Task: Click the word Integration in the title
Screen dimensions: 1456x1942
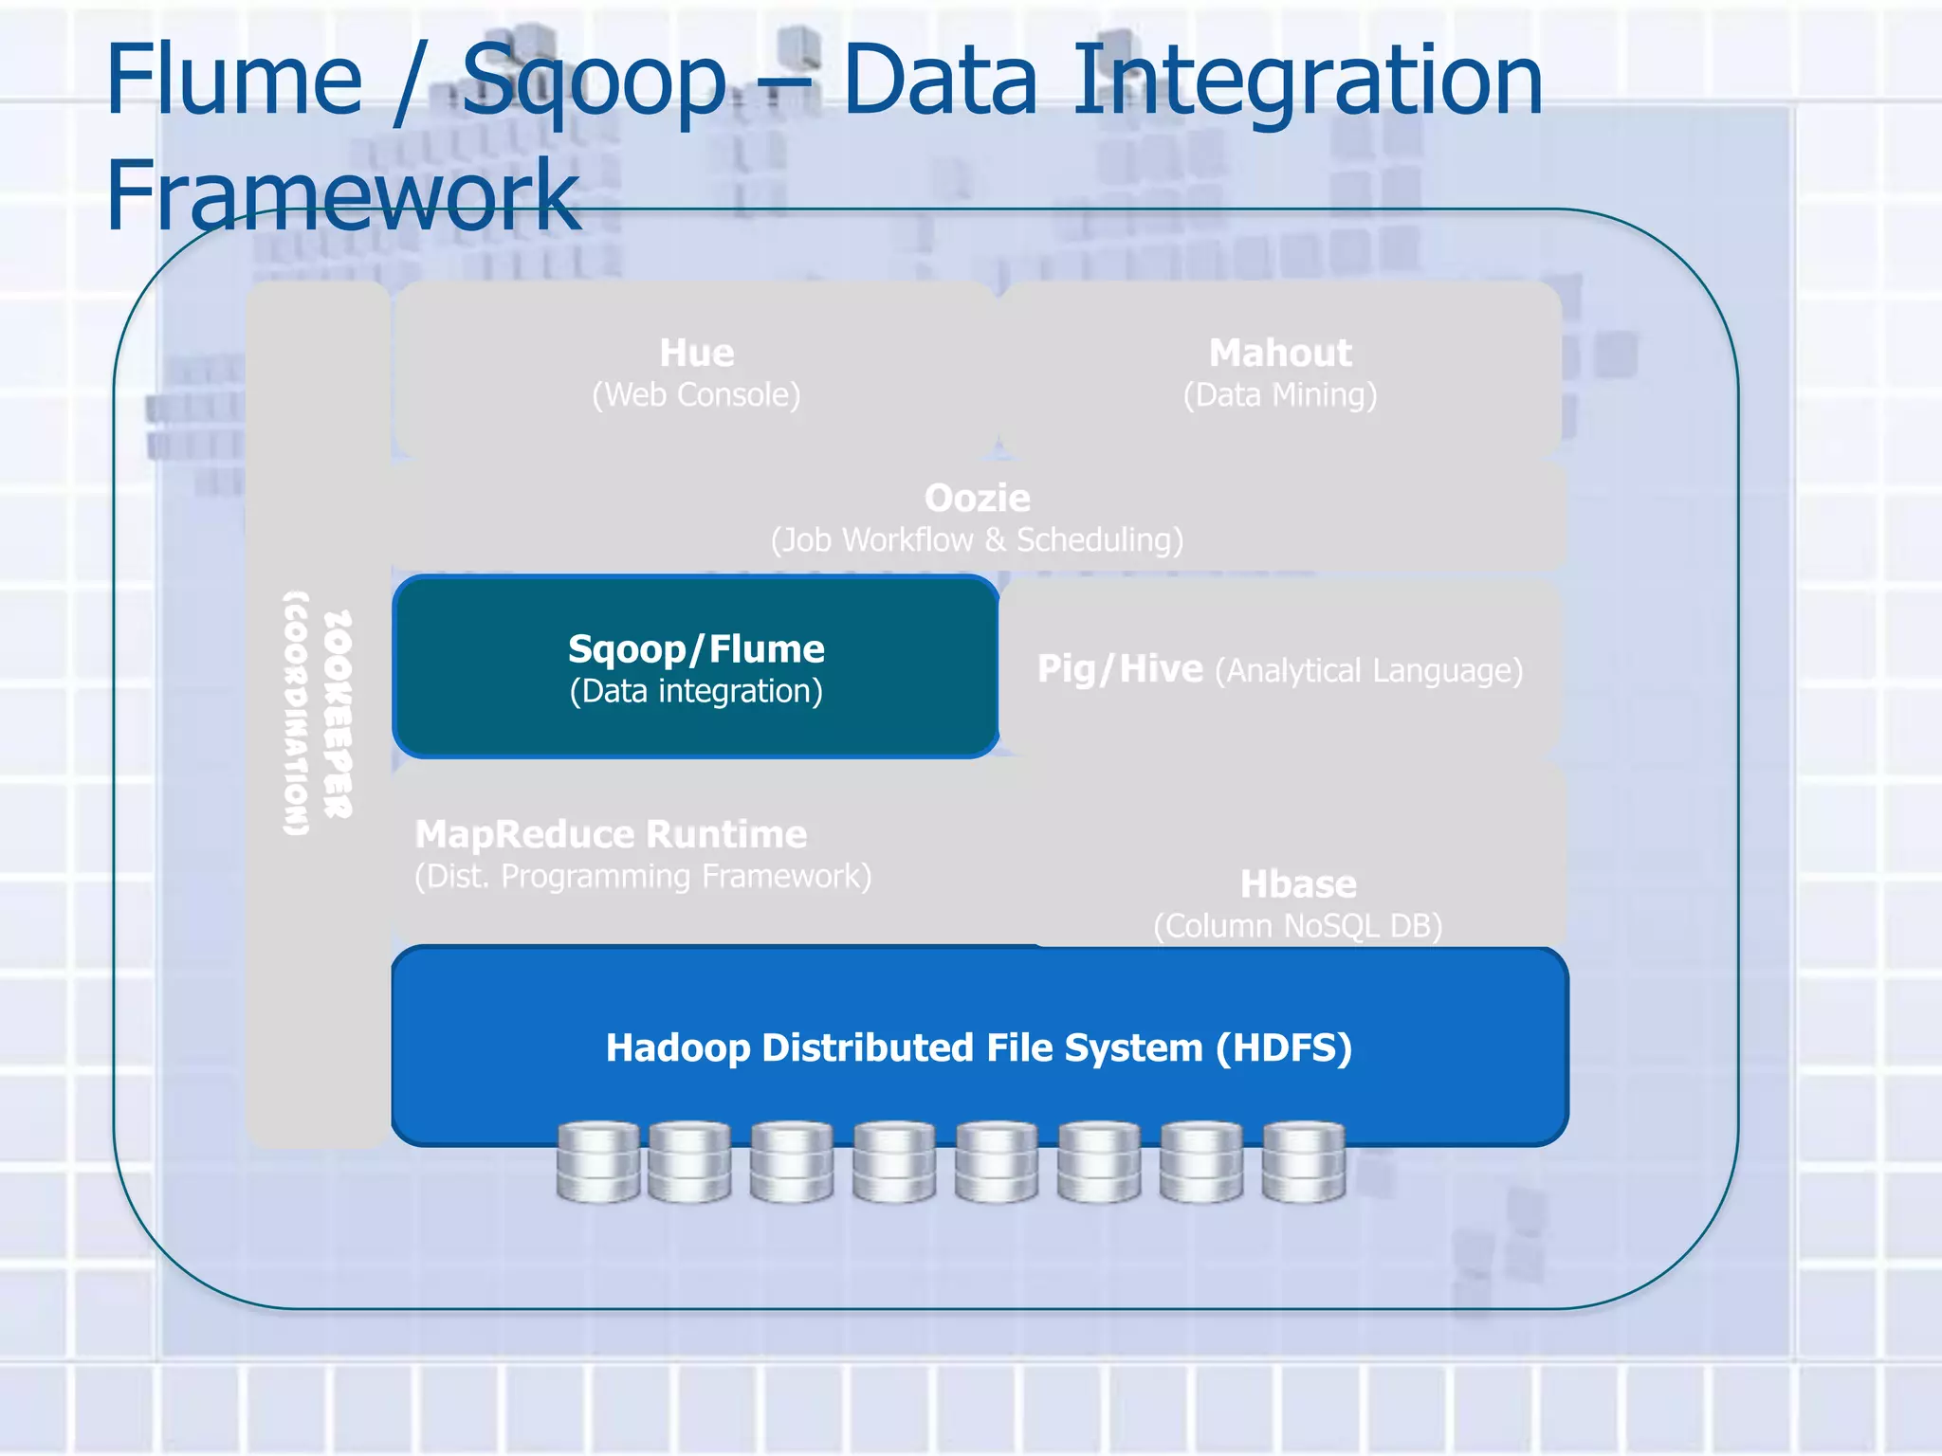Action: [x=1308, y=83]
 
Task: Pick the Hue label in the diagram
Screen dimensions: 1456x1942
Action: [x=696, y=353]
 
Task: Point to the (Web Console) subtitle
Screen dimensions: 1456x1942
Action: [x=696, y=394]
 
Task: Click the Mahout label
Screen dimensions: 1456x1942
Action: [x=1279, y=353]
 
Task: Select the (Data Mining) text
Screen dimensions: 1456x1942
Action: [x=1279, y=394]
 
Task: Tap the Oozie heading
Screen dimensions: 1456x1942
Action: [x=977, y=498]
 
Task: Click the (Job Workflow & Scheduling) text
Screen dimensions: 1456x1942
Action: [x=977, y=540]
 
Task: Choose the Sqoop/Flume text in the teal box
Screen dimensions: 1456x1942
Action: [x=696, y=649]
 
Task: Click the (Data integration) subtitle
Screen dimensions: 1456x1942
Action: [x=696, y=691]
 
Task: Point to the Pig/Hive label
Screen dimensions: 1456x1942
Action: [x=1119, y=669]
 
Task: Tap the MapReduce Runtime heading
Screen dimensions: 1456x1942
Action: [x=611, y=834]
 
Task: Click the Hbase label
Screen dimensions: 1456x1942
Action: [x=1297, y=884]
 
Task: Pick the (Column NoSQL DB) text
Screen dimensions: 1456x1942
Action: [x=1297, y=926]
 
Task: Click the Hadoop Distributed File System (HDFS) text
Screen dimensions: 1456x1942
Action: [x=979, y=1048]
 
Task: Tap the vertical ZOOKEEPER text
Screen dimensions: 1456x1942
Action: [x=338, y=713]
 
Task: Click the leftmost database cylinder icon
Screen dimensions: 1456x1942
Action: [x=597, y=1162]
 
